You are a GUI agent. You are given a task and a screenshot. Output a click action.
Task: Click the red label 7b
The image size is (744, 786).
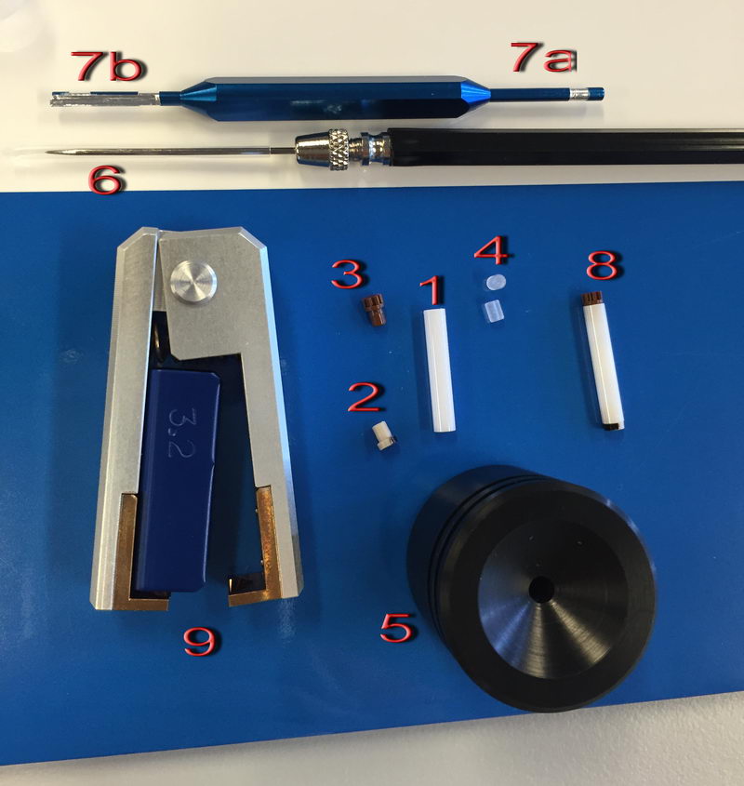point(107,66)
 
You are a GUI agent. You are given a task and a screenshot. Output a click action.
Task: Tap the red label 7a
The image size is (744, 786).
point(543,57)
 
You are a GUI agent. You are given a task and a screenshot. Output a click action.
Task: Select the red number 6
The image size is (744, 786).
point(105,180)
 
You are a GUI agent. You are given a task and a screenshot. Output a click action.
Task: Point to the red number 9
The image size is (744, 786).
point(202,641)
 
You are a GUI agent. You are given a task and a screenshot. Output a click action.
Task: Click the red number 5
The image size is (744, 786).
point(398,627)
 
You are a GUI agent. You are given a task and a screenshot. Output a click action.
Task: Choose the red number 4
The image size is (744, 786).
point(492,249)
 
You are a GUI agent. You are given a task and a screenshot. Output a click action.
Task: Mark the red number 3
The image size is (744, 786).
point(349,273)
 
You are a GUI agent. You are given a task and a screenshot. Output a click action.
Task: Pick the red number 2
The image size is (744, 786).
point(366,397)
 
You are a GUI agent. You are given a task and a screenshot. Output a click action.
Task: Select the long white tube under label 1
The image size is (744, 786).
point(439,370)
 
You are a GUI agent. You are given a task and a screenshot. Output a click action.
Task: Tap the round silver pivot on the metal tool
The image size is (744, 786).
point(193,281)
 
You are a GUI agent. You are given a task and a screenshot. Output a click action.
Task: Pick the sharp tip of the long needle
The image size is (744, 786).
point(46,151)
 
